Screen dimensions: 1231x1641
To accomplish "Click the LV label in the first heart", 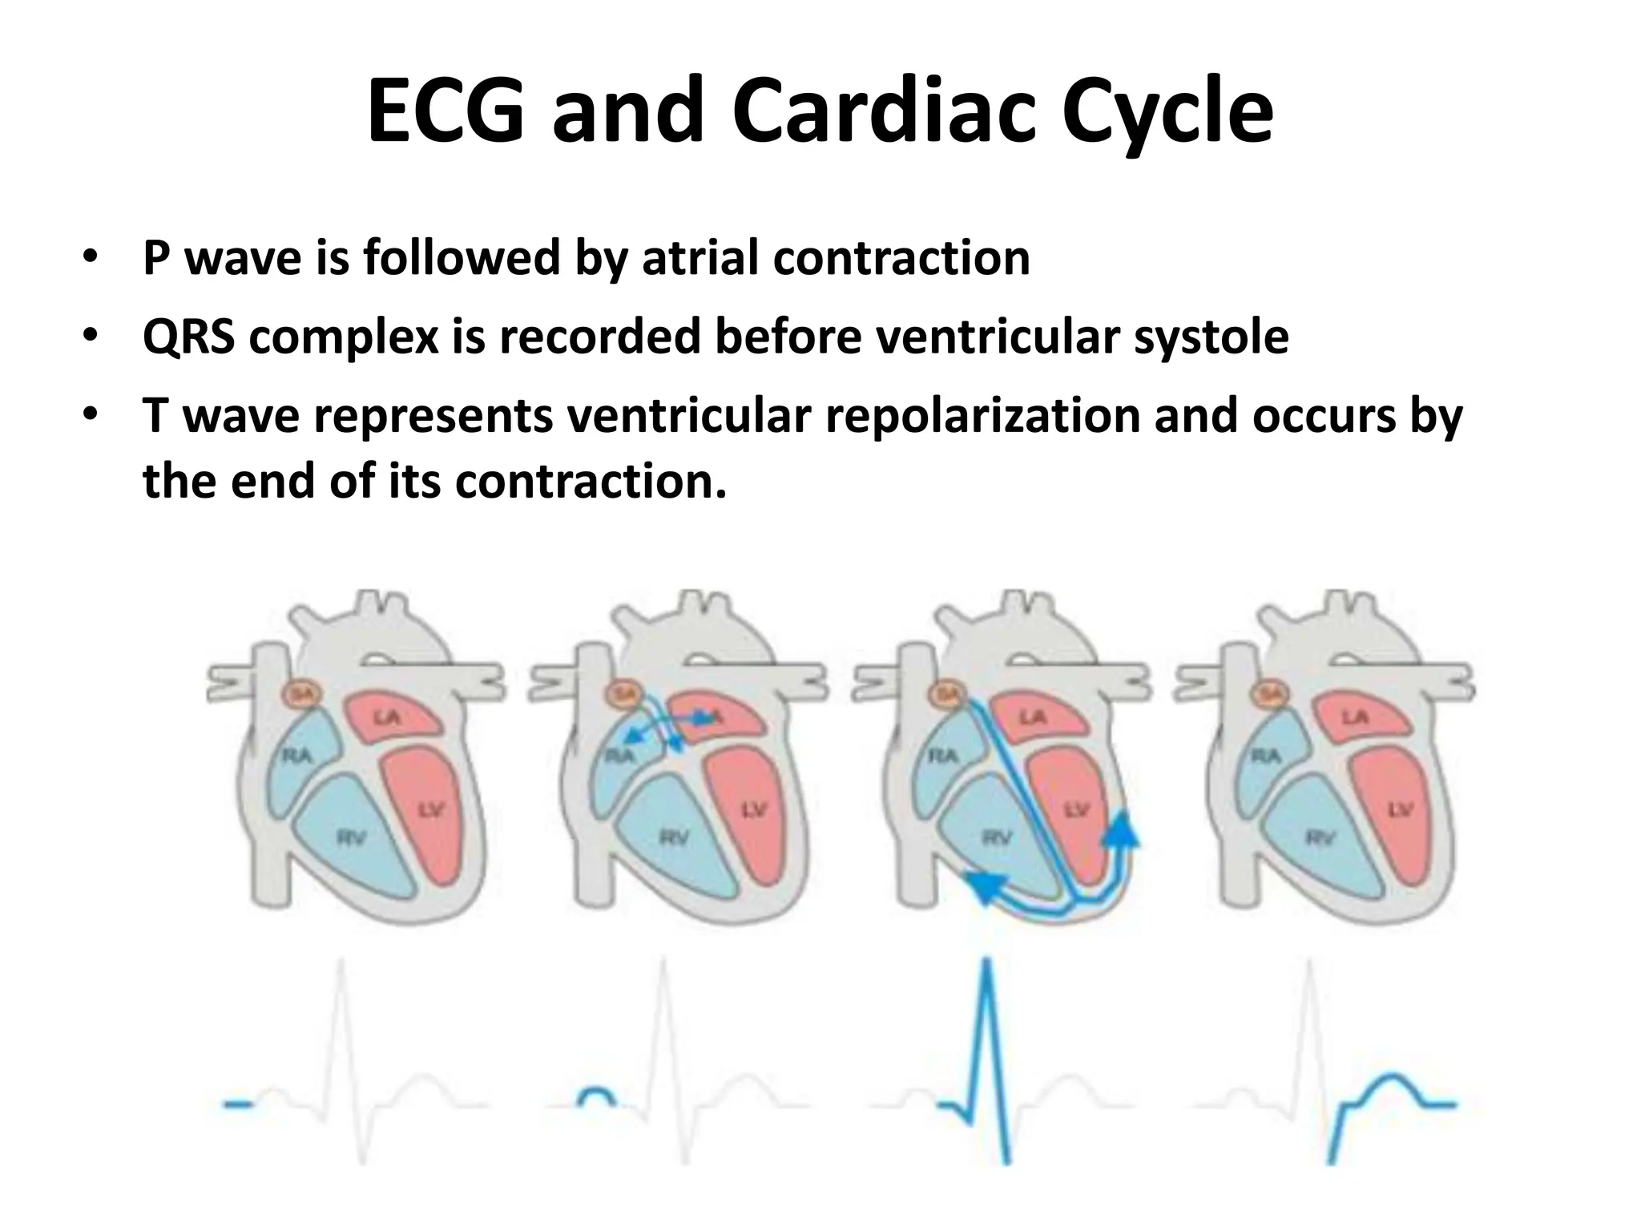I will click(431, 811).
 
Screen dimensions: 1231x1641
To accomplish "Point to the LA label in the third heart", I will click(1033, 716).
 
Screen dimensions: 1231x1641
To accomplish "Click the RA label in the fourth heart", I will click(1266, 755).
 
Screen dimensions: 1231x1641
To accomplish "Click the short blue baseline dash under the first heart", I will click(238, 1105).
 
